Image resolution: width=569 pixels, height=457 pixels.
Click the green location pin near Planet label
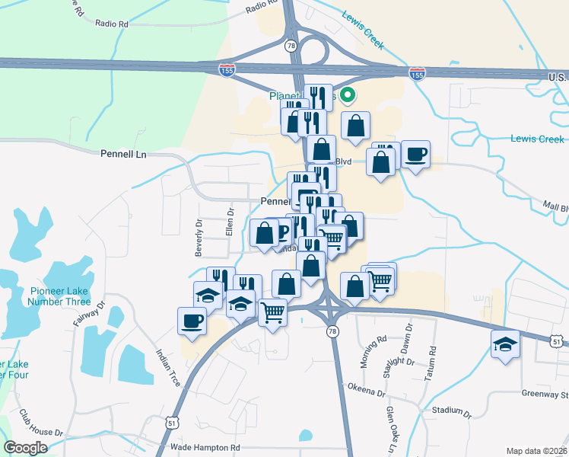[x=348, y=95]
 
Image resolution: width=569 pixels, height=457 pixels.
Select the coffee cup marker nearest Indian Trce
[x=191, y=320]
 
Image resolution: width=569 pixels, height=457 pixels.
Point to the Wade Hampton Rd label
[x=205, y=448]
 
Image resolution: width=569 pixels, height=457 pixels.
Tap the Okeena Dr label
[x=367, y=392]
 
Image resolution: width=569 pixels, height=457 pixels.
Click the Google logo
[x=26, y=448]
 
